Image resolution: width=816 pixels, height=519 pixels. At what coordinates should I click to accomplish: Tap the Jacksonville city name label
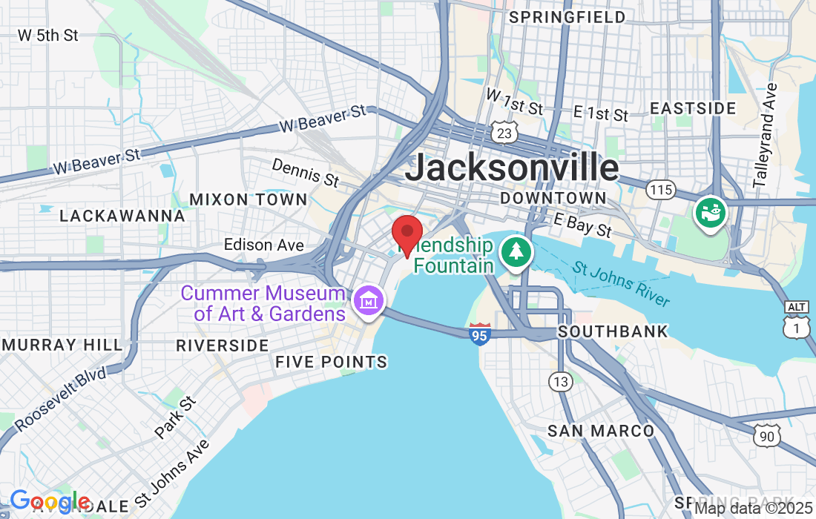512,168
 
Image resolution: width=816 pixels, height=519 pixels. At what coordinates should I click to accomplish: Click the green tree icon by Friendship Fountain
516,252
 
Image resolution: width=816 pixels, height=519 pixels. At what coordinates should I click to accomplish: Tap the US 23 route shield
504,133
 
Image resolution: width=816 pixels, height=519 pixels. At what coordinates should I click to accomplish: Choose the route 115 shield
659,190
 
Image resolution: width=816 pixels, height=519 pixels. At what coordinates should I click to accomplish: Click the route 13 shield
561,382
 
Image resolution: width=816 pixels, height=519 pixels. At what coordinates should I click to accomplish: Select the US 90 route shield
766,436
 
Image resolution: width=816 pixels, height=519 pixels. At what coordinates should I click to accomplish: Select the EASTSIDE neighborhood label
693,108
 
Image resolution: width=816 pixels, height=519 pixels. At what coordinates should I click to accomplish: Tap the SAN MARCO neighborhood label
601,431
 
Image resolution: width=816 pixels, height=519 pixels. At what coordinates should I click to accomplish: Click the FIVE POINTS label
331,362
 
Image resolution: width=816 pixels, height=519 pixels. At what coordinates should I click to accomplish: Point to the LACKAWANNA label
122,216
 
